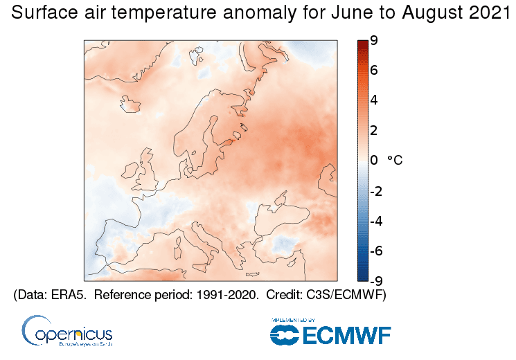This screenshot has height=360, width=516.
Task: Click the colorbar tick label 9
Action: (373, 41)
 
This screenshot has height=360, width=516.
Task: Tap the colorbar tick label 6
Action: (373, 71)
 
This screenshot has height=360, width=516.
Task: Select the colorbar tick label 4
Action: (373, 100)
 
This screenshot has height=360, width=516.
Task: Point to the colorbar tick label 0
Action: (373, 161)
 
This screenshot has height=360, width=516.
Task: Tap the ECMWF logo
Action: (330, 333)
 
